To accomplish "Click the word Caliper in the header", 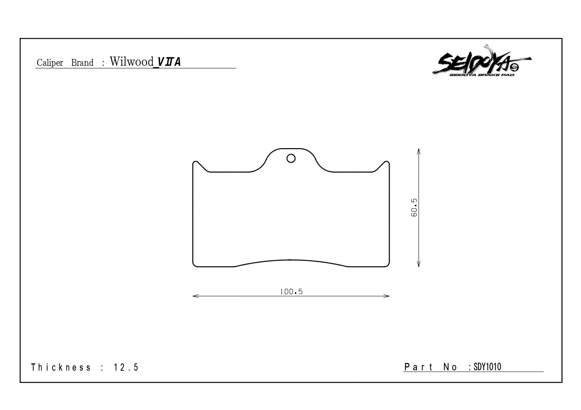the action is (50, 63).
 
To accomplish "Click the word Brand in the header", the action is (82, 62).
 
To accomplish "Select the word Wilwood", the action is (131, 61).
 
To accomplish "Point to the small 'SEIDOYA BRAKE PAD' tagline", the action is (482, 75).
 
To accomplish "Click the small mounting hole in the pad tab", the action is (291, 159).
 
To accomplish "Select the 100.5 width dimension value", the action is (291, 292).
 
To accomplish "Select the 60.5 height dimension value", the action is (414, 207).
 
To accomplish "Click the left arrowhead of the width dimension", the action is (195, 296).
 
